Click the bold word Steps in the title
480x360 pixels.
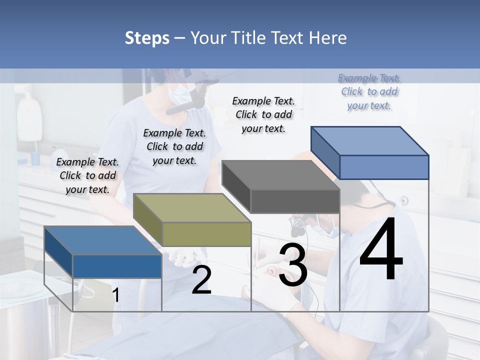(x=147, y=38)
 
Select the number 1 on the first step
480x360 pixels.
(x=115, y=295)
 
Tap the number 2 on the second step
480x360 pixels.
(x=201, y=280)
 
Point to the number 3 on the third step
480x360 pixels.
(x=293, y=265)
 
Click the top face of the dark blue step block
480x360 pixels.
(x=102, y=240)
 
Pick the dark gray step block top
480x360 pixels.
(x=280, y=175)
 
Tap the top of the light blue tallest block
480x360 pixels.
(x=369, y=141)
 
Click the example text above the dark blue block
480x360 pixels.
(x=87, y=175)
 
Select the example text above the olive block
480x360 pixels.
(x=174, y=146)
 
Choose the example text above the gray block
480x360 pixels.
(x=263, y=114)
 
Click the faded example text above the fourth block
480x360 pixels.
(x=369, y=91)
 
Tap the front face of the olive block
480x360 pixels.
(x=206, y=234)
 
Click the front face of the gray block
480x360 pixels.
(x=295, y=201)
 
